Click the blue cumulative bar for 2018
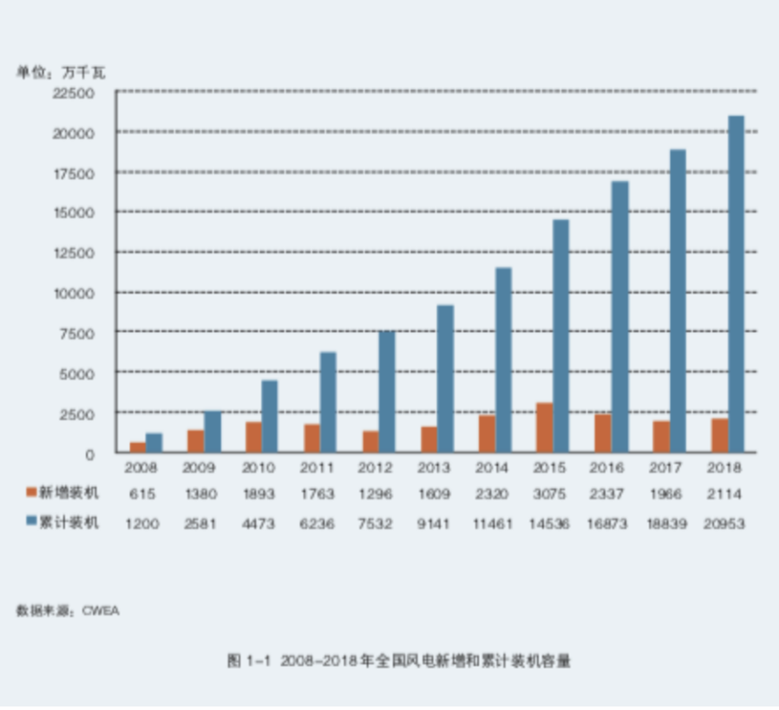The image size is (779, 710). (736, 284)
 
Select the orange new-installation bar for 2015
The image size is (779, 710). (544, 427)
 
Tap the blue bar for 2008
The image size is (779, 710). (154, 443)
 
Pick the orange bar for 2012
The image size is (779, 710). (369, 441)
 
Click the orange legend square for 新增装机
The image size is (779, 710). (30, 493)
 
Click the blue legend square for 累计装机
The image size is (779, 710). (30, 523)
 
